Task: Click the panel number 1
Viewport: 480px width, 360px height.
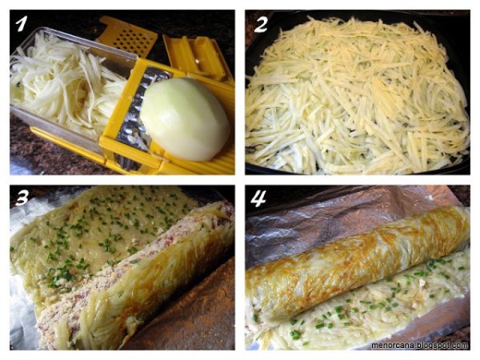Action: [21, 23]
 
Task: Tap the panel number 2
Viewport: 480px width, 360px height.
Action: [261, 24]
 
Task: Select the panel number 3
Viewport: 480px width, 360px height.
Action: [22, 198]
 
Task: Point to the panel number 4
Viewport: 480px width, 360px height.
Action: [258, 198]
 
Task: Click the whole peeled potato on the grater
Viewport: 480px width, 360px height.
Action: [186, 118]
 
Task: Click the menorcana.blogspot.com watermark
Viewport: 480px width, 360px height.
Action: [420, 346]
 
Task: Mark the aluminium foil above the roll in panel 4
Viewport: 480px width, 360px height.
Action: [337, 214]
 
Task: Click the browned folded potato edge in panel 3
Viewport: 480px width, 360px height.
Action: [153, 282]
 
